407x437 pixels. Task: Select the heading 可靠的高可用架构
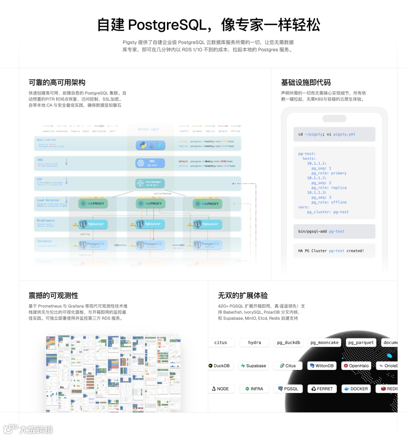click(57, 83)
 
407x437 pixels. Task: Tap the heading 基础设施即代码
click(306, 83)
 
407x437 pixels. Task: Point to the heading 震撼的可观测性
click(54, 295)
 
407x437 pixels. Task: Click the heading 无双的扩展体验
click(243, 295)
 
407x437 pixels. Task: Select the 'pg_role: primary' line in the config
click(329, 173)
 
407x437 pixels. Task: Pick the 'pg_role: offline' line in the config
click(329, 202)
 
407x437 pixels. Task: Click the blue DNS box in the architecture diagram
click(150, 163)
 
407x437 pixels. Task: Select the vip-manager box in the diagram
click(150, 183)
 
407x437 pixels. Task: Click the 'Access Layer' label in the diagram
click(148, 129)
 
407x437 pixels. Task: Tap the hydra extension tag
click(254, 342)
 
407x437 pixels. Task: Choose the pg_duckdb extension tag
click(288, 342)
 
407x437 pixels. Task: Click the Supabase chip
click(253, 366)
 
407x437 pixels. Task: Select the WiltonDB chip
click(321, 366)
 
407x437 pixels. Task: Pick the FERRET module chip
click(322, 389)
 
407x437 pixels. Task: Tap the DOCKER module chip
click(356, 389)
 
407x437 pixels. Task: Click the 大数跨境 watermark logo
click(29, 429)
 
